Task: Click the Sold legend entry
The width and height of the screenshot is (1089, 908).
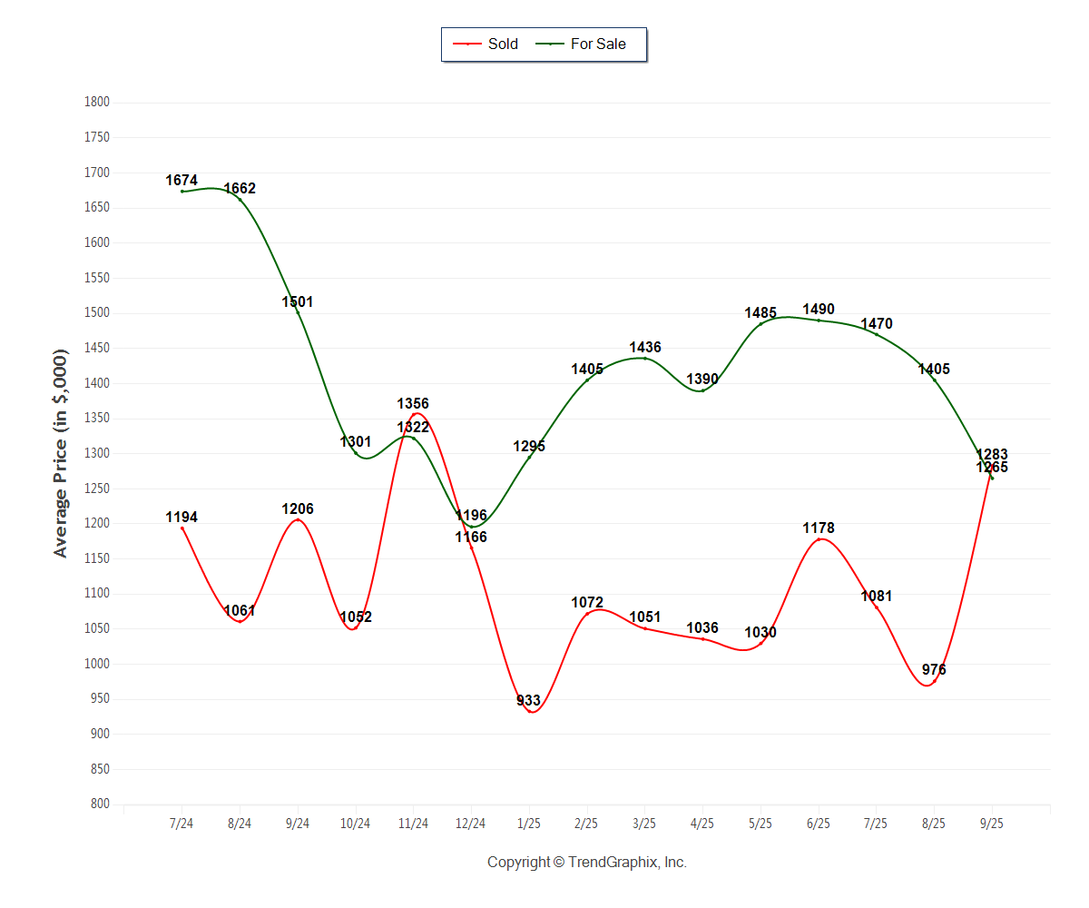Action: pos(490,44)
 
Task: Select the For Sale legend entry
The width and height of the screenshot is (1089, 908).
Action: pos(588,44)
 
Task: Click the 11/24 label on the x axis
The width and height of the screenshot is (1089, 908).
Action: pos(413,824)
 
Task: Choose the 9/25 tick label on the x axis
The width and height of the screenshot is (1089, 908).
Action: pos(992,824)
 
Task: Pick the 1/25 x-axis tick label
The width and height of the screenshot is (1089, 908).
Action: pos(529,824)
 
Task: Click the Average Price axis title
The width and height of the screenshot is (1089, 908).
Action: pos(61,453)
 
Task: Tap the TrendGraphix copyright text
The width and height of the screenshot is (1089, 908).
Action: pos(587,862)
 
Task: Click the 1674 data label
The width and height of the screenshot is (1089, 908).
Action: pos(181,181)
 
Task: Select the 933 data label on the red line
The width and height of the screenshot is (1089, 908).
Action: pos(529,700)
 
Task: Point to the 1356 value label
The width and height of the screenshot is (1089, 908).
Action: pos(413,403)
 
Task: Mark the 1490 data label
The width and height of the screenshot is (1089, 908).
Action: pos(819,309)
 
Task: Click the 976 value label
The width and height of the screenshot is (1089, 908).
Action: pos(934,669)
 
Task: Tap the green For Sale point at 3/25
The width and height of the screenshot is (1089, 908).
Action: pos(645,358)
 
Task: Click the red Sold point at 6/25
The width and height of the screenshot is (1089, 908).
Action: pos(819,539)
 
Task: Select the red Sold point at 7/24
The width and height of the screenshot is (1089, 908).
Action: pos(182,528)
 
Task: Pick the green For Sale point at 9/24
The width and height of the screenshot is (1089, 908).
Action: pos(298,312)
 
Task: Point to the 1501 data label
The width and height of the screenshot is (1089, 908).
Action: pos(298,301)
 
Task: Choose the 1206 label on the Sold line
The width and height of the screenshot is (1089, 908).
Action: pos(298,508)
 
